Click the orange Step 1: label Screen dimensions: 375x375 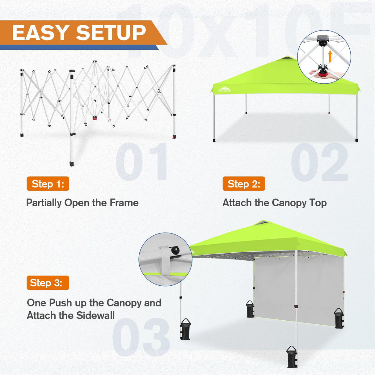48,184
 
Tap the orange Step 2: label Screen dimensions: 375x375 244,184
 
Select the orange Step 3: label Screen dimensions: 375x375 48,283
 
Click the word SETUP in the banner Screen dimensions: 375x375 111,33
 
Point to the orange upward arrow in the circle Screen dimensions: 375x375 330,56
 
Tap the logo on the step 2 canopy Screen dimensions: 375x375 225,90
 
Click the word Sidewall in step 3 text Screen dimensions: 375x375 95,315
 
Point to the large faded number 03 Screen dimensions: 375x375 141,337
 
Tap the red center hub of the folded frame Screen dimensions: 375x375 95,118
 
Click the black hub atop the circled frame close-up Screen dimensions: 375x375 322,39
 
